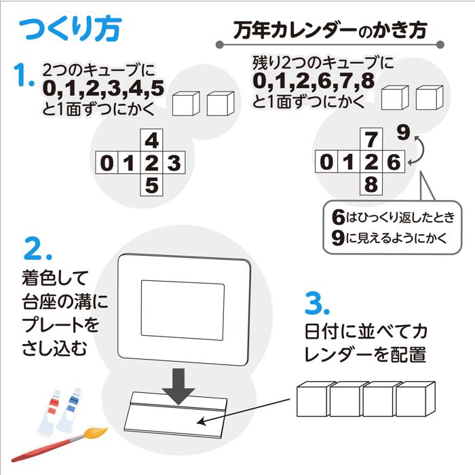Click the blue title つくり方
70,29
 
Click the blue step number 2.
38,248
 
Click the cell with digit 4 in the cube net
152,140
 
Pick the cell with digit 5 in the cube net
152,185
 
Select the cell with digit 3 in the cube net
174,163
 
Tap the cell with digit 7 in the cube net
370,140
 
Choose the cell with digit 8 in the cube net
370,185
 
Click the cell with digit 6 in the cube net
393,163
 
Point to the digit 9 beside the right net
402,132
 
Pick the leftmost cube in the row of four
313,400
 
